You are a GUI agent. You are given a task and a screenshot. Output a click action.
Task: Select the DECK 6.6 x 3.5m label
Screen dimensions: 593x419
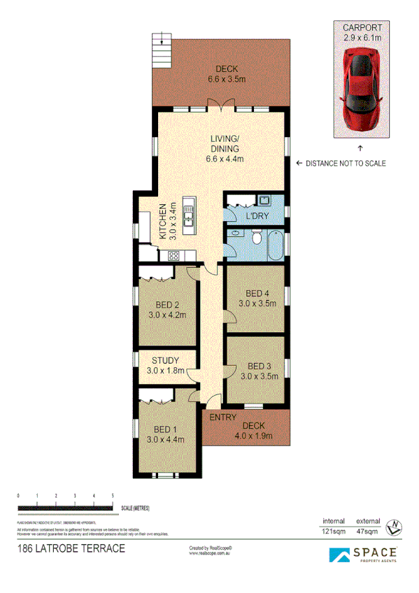[227, 74]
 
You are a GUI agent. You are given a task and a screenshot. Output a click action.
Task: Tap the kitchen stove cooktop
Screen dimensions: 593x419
[172, 256]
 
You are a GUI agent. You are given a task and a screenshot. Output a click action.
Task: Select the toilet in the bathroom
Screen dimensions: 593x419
[257, 241]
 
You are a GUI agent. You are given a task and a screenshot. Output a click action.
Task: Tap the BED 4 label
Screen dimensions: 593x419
[257, 298]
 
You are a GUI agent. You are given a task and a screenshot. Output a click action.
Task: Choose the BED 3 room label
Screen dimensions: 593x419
[259, 371]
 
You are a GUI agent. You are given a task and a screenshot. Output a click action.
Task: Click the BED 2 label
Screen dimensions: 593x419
[164, 310]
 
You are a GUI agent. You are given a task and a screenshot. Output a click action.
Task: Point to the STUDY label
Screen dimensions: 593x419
[165, 366]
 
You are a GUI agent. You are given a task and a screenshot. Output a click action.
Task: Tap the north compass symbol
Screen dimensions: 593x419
[393, 524]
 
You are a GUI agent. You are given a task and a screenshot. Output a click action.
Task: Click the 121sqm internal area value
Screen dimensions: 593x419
[334, 532]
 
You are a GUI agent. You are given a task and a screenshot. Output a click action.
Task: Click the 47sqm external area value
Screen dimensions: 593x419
[368, 532]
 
